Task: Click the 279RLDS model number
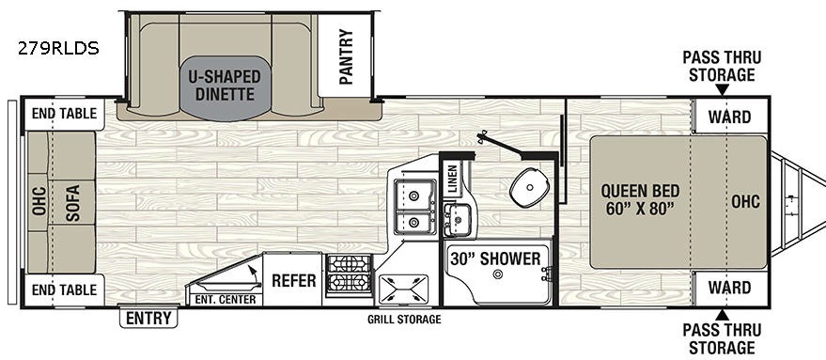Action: click(58, 49)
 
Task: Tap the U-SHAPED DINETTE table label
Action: click(225, 86)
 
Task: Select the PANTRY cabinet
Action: click(345, 55)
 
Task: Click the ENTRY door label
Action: click(148, 319)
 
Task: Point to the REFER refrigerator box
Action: click(292, 279)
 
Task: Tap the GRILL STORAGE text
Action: click(404, 319)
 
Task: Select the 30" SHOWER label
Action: click(495, 258)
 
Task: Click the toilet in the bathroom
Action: click(530, 187)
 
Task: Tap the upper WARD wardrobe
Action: click(729, 117)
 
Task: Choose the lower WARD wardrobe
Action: click(729, 288)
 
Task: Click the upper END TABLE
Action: click(64, 114)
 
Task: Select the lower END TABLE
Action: click(64, 290)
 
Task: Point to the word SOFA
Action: click(72, 203)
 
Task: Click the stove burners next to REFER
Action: click(349, 274)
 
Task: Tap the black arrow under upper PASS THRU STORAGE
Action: click(722, 89)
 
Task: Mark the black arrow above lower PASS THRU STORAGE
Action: click(722, 315)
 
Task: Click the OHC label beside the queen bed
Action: click(745, 201)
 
